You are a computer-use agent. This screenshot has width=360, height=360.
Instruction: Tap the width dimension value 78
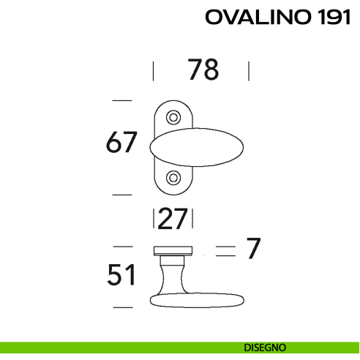pos(203,70)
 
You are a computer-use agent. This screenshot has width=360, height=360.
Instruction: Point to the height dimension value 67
pos(121,142)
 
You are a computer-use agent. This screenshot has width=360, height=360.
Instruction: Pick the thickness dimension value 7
pos(253,250)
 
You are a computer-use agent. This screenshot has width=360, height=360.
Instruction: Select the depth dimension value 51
pos(121,276)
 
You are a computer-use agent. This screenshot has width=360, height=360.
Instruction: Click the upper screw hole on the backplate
pos(173,116)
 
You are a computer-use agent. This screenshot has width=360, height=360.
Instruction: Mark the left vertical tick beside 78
pos(153,71)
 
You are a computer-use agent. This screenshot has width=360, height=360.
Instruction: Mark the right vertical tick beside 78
pos(250,71)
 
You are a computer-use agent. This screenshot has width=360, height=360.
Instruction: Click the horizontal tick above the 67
pos(121,100)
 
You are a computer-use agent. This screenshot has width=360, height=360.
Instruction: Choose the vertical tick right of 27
pos(196,219)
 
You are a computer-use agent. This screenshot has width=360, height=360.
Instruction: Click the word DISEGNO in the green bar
pos(266,347)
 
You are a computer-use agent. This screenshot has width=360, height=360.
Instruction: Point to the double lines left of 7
pos(225,251)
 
